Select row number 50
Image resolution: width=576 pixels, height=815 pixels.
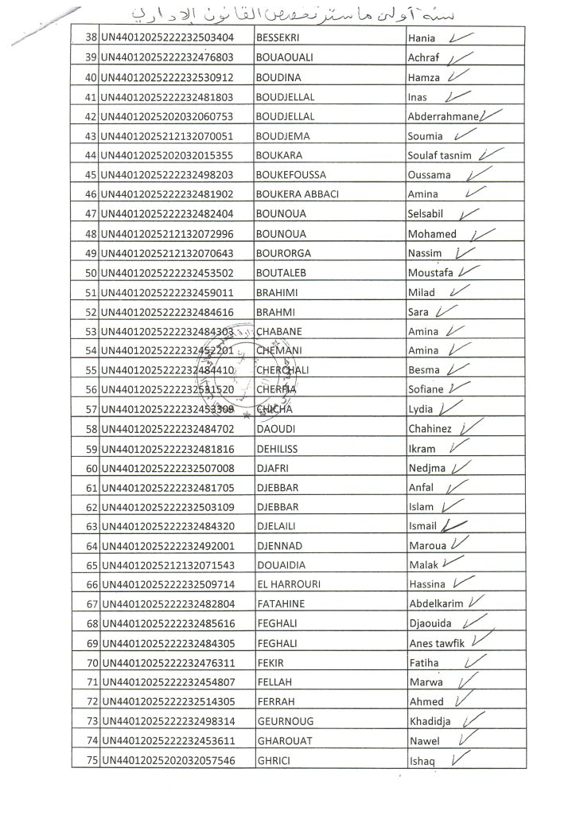(90, 273)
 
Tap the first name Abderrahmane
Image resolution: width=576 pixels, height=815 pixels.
(442, 116)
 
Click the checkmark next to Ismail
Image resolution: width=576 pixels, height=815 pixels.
(455, 524)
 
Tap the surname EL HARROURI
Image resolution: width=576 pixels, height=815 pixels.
(288, 584)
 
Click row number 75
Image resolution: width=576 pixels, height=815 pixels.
(90, 761)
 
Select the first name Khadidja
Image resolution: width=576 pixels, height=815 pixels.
(430, 722)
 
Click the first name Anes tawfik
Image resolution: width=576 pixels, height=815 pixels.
(438, 643)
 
